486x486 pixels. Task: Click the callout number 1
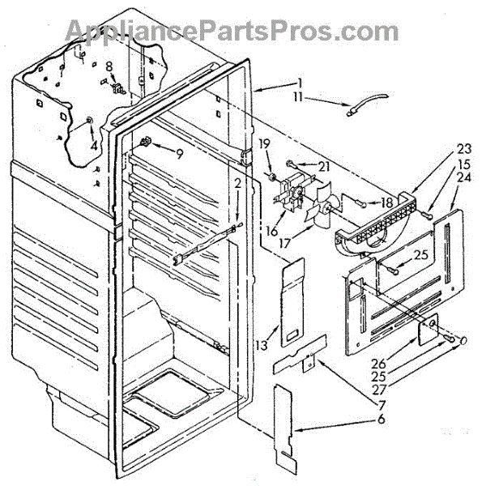click(299, 82)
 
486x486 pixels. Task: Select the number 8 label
click(109, 66)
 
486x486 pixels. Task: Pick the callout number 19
click(264, 143)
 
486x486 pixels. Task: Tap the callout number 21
click(303, 165)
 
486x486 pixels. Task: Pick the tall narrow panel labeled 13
click(292, 300)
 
